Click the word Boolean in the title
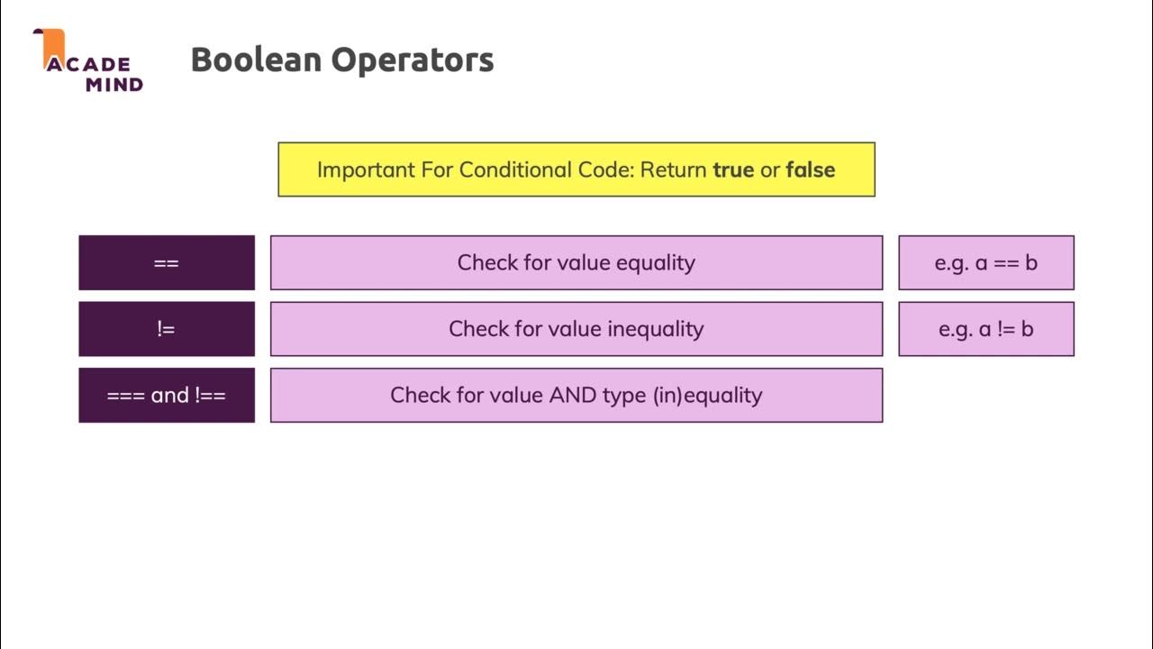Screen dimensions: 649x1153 (x=256, y=60)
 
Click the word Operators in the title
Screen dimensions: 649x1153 (x=413, y=60)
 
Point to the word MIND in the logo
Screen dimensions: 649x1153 (x=114, y=85)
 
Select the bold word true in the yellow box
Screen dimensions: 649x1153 (x=733, y=169)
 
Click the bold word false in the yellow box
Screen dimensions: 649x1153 (x=810, y=169)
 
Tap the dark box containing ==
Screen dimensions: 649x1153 (x=167, y=262)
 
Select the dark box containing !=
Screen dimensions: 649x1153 (x=167, y=329)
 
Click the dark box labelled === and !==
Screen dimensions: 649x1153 (x=167, y=395)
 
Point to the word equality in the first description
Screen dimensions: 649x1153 (x=656, y=262)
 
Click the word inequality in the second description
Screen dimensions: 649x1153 (x=655, y=329)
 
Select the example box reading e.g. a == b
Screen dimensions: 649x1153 (x=986, y=262)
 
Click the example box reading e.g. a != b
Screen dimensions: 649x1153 (x=986, y=329)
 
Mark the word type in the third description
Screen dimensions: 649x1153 (x=624, y=395)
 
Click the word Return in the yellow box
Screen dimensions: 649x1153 (x=673, y=169)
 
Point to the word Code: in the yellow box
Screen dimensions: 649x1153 (x=604, y=169)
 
